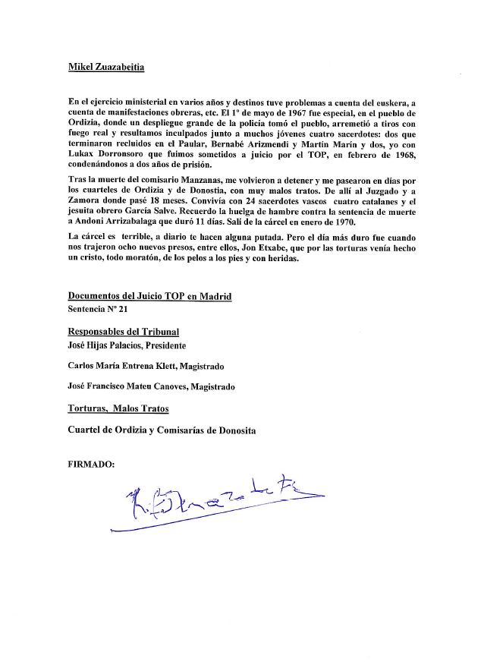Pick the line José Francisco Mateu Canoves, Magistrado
coord(151,386)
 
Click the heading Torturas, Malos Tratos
coord(118,408)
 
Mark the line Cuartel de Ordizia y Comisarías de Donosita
coord(162,430)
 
